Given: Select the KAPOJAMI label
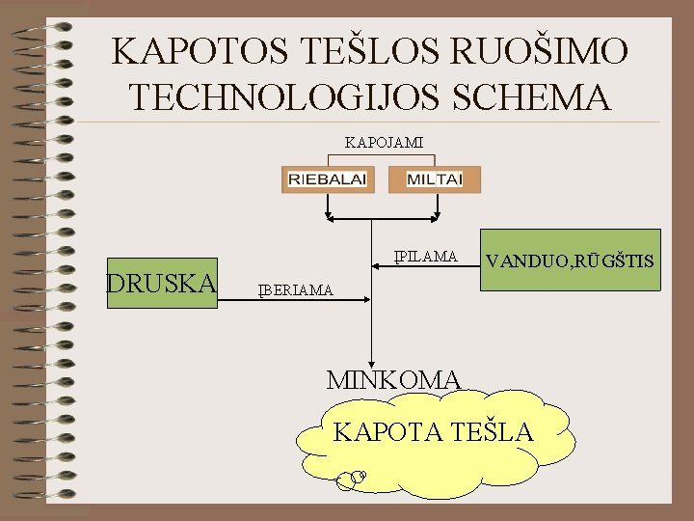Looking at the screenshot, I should [384, 143].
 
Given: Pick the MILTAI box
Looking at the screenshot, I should [434, 179].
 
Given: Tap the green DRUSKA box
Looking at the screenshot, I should [162, 284].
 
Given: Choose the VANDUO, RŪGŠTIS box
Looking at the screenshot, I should [570, 261].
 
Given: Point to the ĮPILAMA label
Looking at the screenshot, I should [424, 256].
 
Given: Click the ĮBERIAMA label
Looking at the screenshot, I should [295, 289].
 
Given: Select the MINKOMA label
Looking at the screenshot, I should [395, 379].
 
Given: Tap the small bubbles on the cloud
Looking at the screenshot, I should [354, 476].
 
